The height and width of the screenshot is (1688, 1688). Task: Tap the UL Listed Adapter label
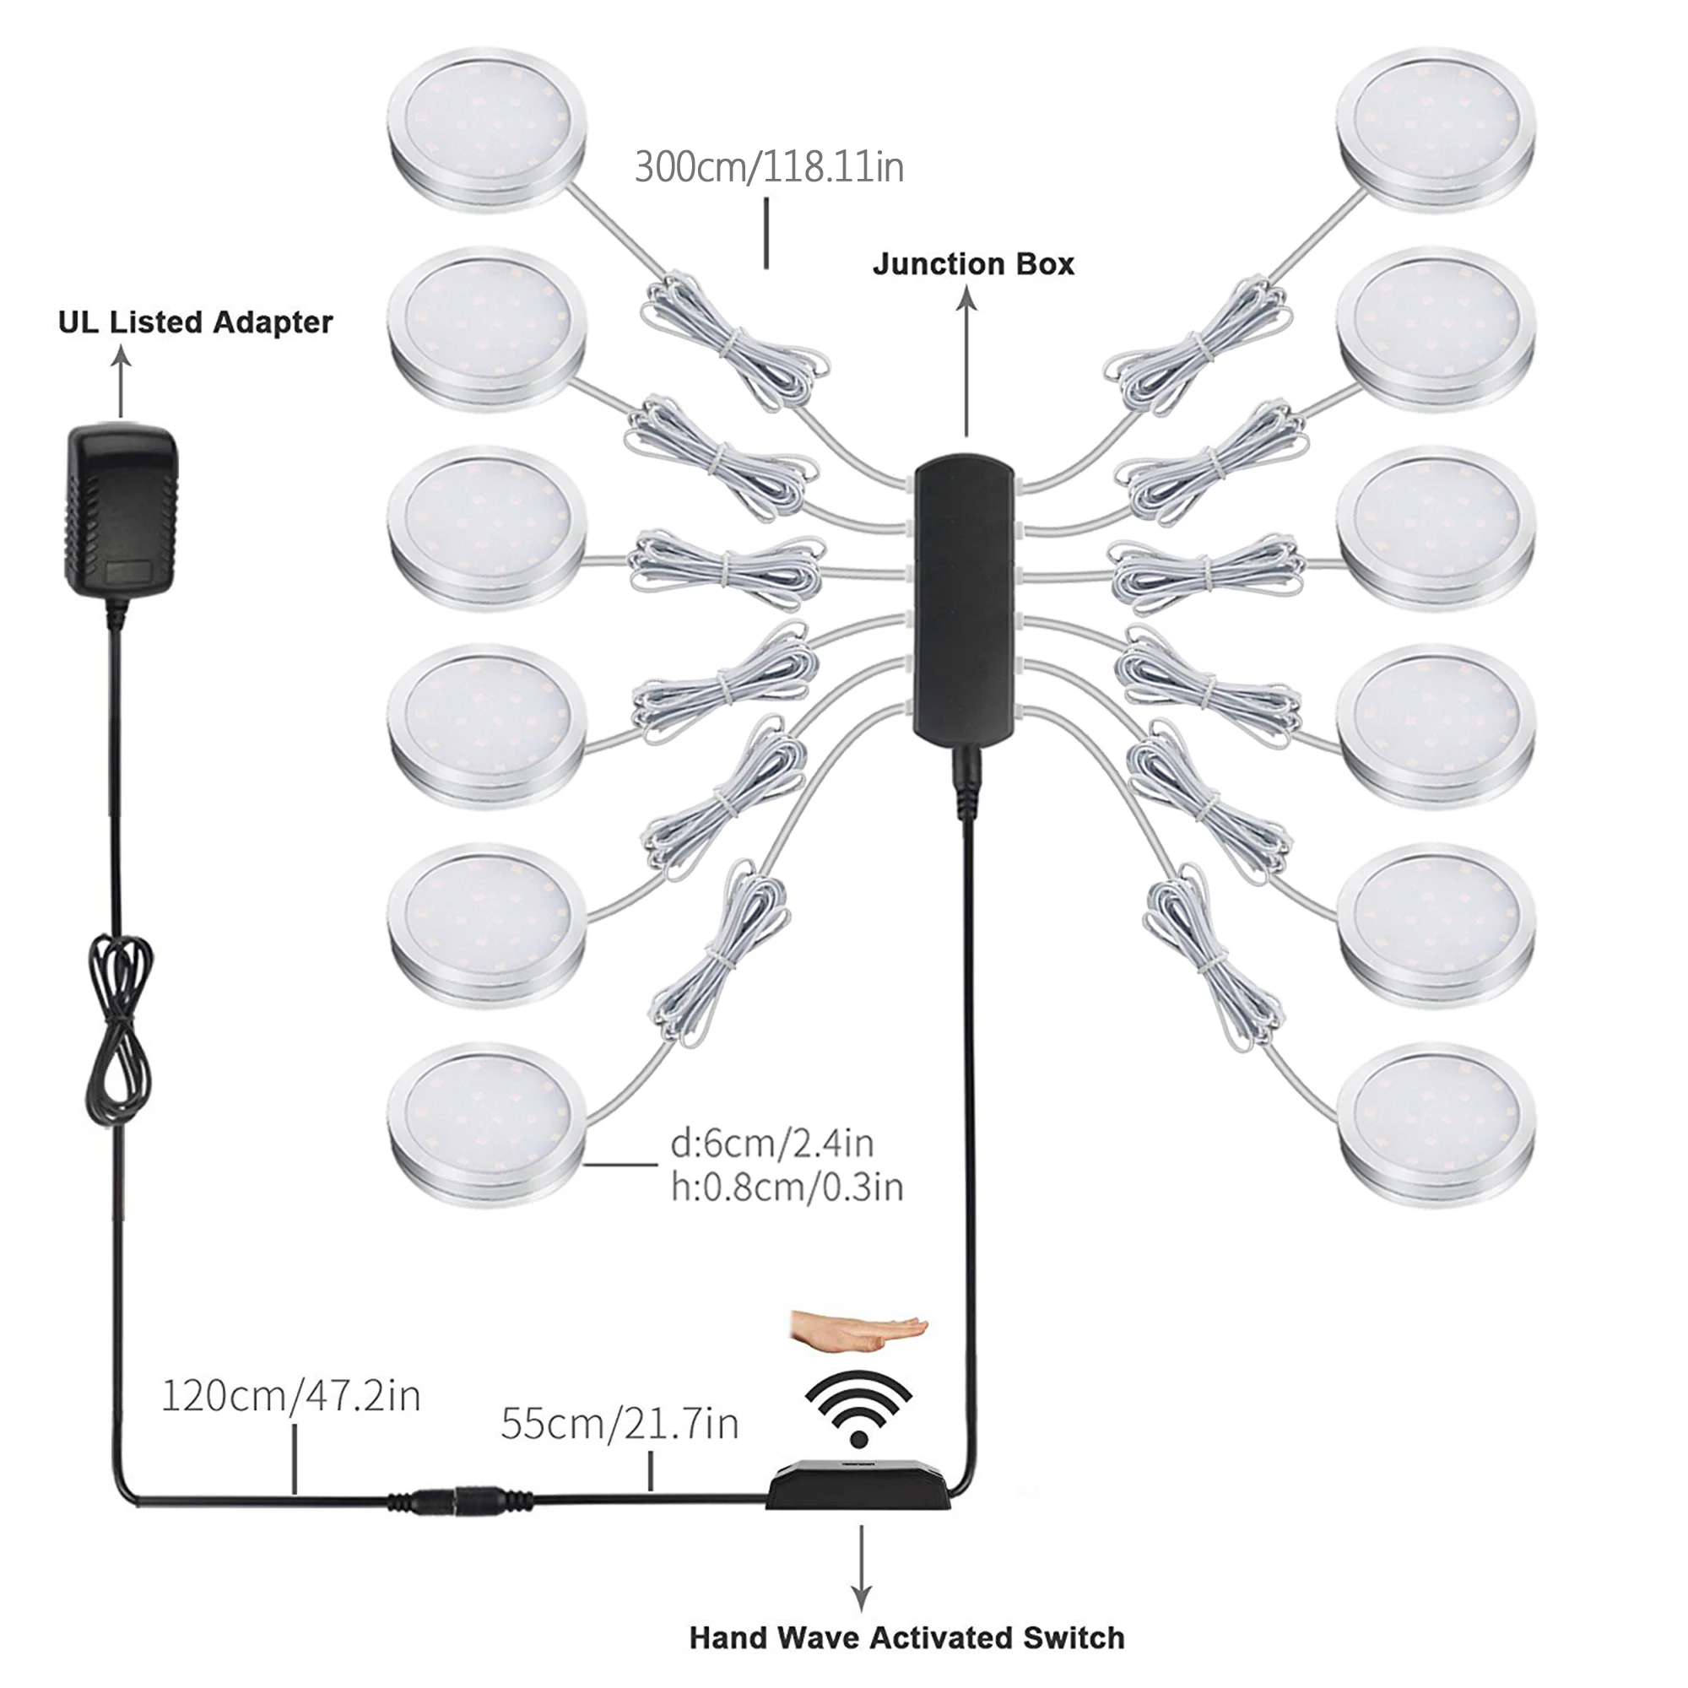tap(195, 322)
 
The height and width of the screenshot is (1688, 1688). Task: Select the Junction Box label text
tap(973, 264)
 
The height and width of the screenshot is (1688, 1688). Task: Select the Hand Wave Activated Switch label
tap(906, 1637)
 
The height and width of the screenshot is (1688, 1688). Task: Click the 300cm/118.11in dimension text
tap(769, 167)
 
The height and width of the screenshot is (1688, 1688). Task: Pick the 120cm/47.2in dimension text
tap(291, 1395)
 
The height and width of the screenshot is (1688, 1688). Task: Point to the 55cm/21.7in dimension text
tap(619, 1423)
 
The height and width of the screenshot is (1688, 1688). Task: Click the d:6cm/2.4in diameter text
tap(772, 1143)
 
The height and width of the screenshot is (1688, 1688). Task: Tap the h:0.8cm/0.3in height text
tap(787, 1187)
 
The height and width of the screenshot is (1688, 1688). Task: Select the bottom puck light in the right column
tap(1436, 1125)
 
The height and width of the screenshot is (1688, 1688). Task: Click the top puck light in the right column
tap(1436, 129)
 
